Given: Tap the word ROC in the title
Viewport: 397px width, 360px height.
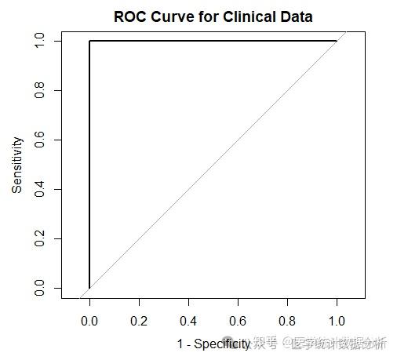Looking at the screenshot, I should tap(129, 16).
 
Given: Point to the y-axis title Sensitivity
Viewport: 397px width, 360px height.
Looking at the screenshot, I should tap(17, 165).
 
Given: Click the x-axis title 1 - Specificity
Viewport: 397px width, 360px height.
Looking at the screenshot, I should tap(213, 344).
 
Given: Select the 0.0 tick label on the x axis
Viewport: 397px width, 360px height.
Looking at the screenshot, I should tap(89, 321).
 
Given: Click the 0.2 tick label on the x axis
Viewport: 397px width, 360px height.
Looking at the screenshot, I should tap(139, 321).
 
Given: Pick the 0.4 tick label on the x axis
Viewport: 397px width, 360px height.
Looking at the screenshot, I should tap(188, 321).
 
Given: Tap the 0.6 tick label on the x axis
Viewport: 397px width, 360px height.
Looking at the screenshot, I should tap(238, 321).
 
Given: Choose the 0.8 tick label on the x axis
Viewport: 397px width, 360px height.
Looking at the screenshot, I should tap(287, 321).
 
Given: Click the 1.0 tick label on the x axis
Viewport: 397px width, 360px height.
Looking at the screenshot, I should tap(337, 321).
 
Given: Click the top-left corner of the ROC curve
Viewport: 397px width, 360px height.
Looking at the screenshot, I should tap(89, 41).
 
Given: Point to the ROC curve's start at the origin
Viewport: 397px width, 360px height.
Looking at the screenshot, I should tap(89, 288).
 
